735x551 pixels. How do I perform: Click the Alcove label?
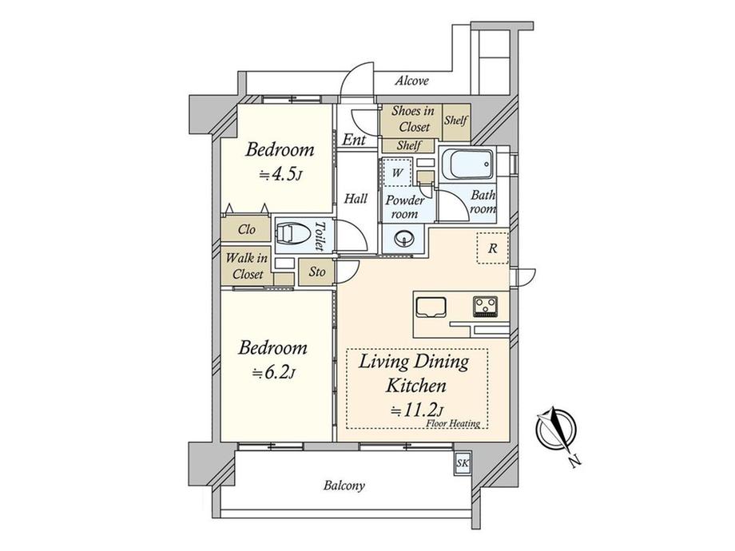click(x=411, y=81)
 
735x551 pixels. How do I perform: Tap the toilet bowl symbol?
click(x=291, y=234)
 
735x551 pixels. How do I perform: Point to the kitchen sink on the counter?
click(x=431, y=307)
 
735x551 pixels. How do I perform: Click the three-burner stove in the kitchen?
click(x=486, y=307)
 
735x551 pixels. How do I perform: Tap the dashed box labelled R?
click(x=493, y=248)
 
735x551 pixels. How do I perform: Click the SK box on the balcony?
click(x=463, y=464)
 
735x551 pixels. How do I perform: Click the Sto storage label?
click(x=317, y=272)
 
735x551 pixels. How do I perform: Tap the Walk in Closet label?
click(x=247, y=266)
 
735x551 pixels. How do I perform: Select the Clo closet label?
click(x=247, y=229)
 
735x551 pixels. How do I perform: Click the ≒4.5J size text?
click(x=280, y=175)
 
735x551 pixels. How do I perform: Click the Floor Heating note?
click(x=453, y=423)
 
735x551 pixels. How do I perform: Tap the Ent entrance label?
click(x=354, y=140)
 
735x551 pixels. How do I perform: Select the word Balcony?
click(x=344, y=486)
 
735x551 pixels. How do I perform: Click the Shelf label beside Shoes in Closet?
click(x=456, y=121)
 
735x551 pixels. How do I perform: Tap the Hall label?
click(x=356, y=199)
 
